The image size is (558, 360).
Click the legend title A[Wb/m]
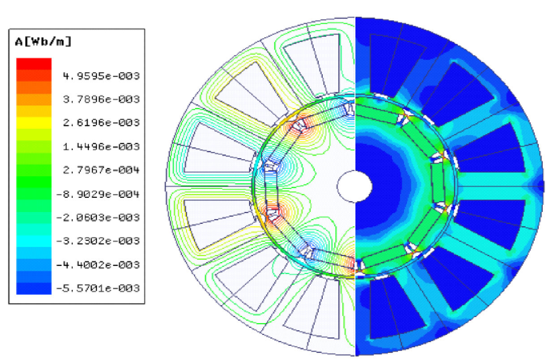point(43,41)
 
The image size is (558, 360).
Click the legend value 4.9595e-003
point(101,76)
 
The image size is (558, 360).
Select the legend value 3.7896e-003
point(101,100)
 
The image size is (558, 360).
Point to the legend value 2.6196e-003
point(101,123)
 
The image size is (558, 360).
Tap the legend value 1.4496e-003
point(101,147)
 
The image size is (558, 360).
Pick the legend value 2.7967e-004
point(101,170)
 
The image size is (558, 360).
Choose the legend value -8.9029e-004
point(98,194)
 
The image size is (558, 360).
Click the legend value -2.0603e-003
point(98,218)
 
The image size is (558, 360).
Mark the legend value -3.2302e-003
point(98,241)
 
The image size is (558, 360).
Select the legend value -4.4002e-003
point(98,265)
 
